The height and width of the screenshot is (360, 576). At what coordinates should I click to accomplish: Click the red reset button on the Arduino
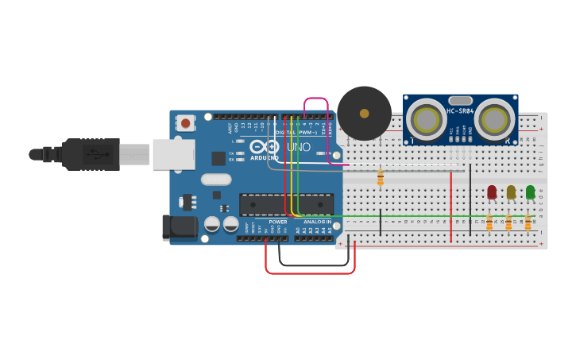(x=186, y=122)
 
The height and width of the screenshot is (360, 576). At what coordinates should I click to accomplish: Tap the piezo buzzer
(x=364, y=114)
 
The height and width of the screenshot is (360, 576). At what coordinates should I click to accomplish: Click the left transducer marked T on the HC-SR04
(x=426, y=119)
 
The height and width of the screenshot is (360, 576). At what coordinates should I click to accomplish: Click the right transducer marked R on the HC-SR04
(x=494, y=119)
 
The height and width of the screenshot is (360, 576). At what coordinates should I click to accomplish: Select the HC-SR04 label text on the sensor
(x=460, y=111)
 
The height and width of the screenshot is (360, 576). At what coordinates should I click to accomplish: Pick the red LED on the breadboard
(x=492, y=192)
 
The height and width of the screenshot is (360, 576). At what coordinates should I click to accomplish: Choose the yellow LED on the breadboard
(x=511, y=192)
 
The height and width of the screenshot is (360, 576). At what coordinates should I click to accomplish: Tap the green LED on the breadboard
(x=530, y=192)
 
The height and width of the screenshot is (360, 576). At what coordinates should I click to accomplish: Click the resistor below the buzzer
(x=381, y=177)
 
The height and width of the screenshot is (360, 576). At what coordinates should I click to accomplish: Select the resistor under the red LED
(x=489, y=222)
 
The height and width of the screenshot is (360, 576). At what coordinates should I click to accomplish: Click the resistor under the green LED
(x=528, y=222)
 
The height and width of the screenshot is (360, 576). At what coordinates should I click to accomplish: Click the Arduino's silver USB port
(x=173, y=154)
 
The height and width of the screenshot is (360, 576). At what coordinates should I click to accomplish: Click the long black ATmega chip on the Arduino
(x=286, y=204)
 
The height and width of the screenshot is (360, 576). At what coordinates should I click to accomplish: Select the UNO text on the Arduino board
(x=298, y=147)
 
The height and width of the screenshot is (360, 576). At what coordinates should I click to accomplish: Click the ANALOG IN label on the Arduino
(x=317, y=222)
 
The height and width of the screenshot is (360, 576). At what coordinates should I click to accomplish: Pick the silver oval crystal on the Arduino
(x=216, y=180)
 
